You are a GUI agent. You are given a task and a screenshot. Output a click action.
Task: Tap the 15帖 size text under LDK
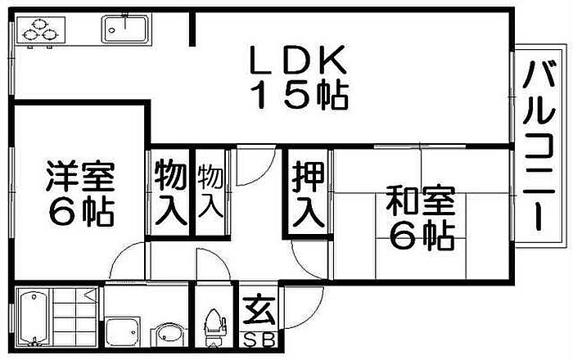coord(299,97)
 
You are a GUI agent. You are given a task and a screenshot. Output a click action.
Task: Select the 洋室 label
coord(79,176)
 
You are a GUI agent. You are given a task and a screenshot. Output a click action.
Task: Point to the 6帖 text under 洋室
coord(79,213)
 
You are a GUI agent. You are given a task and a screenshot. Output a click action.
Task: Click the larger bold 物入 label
coord(170,194)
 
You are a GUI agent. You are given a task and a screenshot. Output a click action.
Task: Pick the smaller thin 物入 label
coord(210,191)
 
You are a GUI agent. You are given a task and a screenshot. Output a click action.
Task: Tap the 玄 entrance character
coord(256,313)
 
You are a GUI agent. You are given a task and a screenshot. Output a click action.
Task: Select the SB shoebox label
coord(256,339)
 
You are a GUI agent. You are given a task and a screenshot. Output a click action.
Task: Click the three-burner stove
coord(41,33)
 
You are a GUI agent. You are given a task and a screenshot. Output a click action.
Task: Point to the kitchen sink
coord(124,30)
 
